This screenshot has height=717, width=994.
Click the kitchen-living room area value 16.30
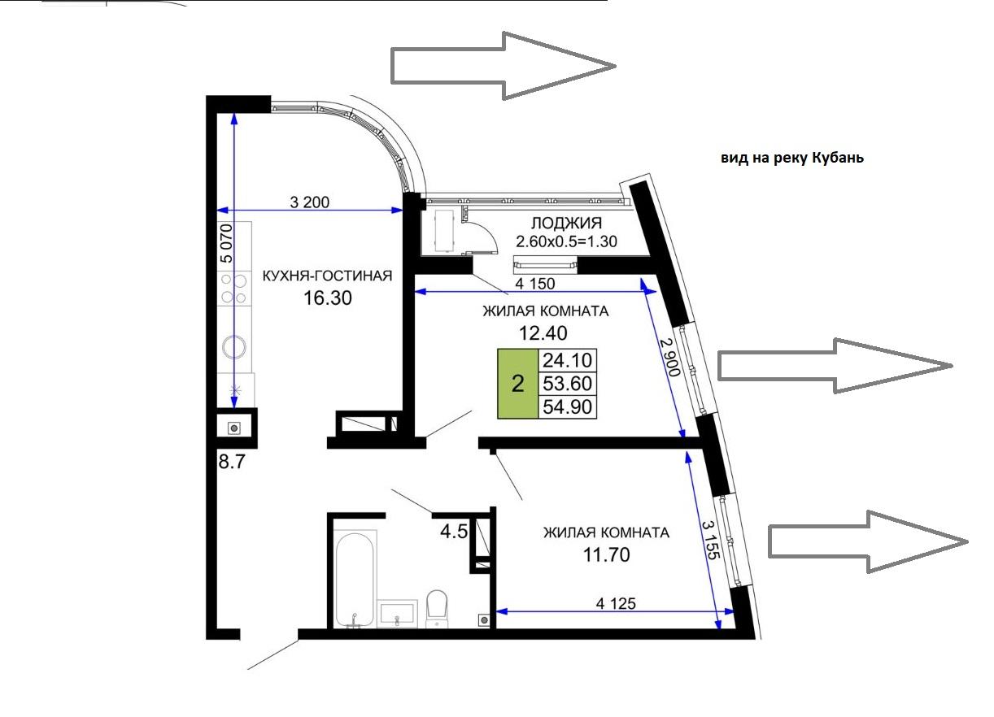(328, 298)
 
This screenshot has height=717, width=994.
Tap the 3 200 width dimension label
(310, 202)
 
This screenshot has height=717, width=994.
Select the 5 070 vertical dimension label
(226, 243)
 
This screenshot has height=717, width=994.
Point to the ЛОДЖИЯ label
(567, 223)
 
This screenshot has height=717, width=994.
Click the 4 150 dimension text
(535, 284)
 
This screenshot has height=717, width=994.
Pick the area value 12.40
(543, 333)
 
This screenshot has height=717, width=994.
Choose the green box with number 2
(518, 384)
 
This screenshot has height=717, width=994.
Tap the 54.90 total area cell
(568, 406)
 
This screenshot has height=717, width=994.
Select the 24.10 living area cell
(568, 360)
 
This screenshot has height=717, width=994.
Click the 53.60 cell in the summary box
(568, 384)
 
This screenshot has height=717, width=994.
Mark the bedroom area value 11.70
(606, 554)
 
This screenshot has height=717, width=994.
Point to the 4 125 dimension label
(616, 603)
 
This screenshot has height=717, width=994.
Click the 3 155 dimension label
(711, 539)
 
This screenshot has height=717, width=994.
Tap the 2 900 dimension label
(670, 358)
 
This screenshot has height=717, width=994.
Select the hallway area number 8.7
(232, 462)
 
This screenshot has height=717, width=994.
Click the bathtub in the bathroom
(355, 580)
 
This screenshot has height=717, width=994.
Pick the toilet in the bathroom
(437, 608)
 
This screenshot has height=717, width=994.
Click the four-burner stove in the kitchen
(234, 289)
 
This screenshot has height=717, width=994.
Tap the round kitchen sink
(233, 347)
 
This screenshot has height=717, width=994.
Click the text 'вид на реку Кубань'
(792, 159)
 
